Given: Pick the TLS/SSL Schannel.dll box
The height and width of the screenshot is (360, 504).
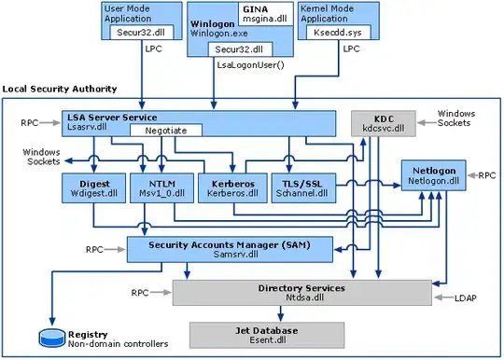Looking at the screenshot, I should click(x=300, y=188).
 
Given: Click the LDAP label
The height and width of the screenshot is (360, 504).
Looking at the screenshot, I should click(x=464, y=299).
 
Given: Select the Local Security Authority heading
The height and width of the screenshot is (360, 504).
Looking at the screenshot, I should click(x=60, y=89).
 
